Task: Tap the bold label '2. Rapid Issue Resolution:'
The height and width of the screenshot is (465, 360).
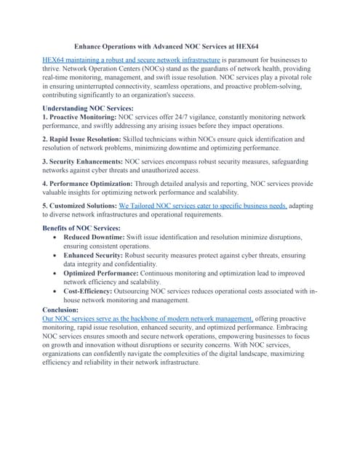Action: click(84, 139)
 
